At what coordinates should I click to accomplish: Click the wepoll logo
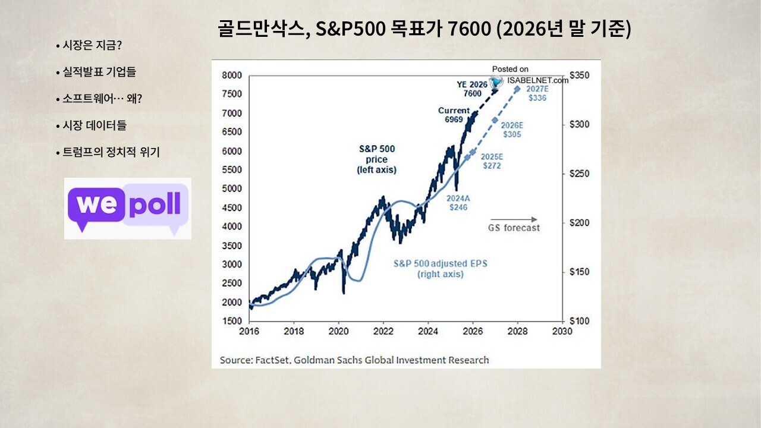tap(128, 208)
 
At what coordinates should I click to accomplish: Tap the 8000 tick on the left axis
tap(231, 75)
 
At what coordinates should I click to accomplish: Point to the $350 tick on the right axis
tap(580, 75)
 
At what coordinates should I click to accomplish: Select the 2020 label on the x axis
tap(338, 331)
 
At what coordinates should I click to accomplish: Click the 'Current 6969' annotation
tap(454, 115)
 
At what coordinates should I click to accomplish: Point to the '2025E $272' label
tap(491, 161)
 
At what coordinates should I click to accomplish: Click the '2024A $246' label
tap(458, 203)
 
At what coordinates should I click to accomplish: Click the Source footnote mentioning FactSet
tap(354, 360)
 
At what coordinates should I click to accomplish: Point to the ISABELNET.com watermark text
tap(537, 80)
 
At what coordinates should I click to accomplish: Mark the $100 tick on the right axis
tap(580, 321)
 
